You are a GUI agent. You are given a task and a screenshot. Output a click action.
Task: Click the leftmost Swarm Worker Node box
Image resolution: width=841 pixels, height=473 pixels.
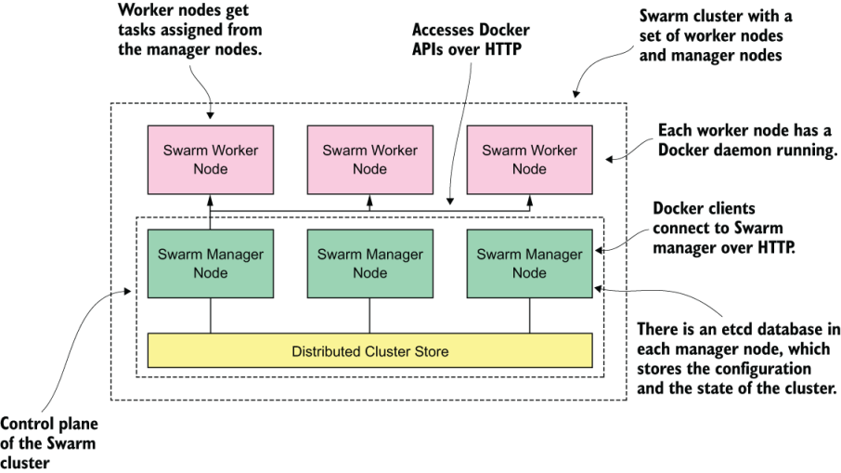tap(211, 159)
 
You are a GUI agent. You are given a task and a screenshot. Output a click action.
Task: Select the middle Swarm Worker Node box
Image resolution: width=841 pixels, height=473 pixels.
tap(370, 159)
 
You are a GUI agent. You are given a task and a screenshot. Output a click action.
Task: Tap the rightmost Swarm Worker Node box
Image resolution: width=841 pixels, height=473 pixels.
tap(529, 159)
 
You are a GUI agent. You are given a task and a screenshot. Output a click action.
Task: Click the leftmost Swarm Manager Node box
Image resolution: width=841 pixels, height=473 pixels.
tap(211, 263)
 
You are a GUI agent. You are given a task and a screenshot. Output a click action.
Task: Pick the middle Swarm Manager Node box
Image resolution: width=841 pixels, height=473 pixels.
tap(370, 263)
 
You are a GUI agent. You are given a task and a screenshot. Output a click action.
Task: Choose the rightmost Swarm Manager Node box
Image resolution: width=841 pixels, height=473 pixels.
tap(529, 263)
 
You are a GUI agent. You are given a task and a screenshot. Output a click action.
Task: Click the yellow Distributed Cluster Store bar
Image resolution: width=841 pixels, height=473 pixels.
tap(370, 351)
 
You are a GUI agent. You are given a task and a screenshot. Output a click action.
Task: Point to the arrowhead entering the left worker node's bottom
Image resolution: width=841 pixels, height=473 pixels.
tap(211, 196)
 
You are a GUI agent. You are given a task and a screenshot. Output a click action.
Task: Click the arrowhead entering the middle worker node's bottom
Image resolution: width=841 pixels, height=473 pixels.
tap(370, 196)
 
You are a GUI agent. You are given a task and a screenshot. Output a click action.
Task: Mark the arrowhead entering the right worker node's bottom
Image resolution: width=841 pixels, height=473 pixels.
tap(529, 196)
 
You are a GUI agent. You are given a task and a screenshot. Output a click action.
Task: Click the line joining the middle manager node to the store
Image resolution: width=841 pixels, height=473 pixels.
tap(370, 315)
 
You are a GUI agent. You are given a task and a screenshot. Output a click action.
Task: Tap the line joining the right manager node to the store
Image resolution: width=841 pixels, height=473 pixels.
tap(529, 315)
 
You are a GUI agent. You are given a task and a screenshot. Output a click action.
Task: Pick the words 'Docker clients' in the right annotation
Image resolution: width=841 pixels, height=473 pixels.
tap(704, 209)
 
